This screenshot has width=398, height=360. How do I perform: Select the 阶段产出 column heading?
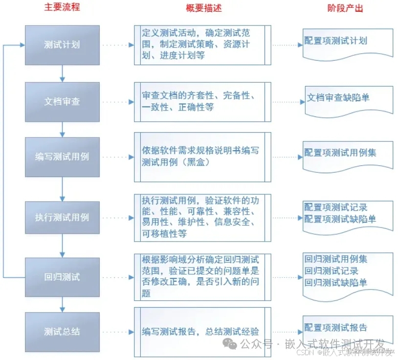coord(345,8)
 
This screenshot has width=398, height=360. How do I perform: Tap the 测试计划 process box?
coord(62,45)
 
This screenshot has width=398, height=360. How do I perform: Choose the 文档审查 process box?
coord(62,102)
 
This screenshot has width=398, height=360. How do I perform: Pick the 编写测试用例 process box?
coord(62,157)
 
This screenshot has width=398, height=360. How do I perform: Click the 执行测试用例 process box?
coord(62,217)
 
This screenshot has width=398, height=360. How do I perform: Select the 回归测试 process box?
coord(62,277)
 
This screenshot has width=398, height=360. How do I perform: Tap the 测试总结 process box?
coord(62,332)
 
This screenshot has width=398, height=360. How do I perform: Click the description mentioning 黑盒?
coord(201,157)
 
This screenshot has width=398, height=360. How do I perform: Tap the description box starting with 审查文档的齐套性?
coord(201,101)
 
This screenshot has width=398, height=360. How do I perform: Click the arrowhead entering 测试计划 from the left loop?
coord(22,45)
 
